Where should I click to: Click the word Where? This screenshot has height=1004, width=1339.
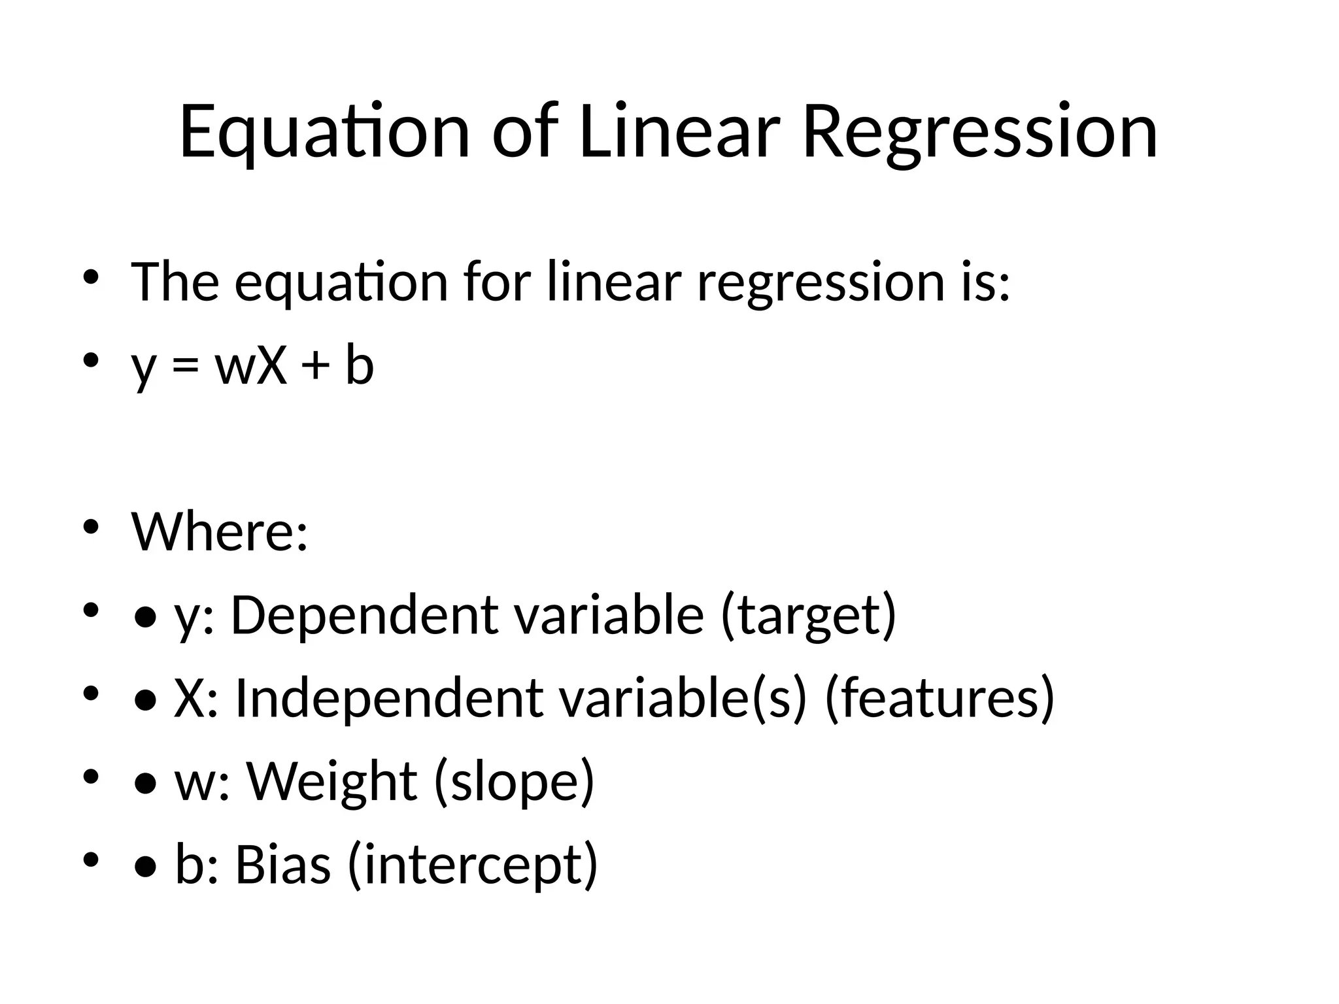point(220,531)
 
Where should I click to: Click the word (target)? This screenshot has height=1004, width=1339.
point(808,615)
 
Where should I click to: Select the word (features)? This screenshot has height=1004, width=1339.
point(940,698)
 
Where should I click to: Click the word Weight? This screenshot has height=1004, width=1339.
point(331,781)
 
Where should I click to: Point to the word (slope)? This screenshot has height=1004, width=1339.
point(514,781)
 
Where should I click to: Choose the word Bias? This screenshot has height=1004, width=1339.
point(282,864)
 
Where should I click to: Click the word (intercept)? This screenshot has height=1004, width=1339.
point(473,864)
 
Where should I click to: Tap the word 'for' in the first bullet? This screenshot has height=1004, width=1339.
point(496,282)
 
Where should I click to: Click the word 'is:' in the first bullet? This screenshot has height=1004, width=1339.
point(986,282)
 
